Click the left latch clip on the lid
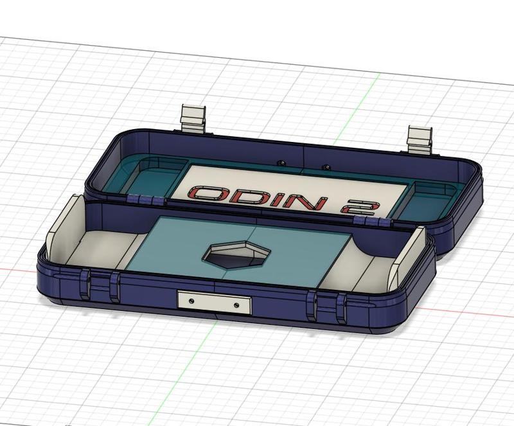[x=193, y=118]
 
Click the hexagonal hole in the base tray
[x=236, y=255]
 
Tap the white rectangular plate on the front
[x=214, y=301]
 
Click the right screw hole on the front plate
[x=237, y=304]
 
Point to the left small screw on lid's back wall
[x=280, y=163]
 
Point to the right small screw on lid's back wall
[x=326, y=166]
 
